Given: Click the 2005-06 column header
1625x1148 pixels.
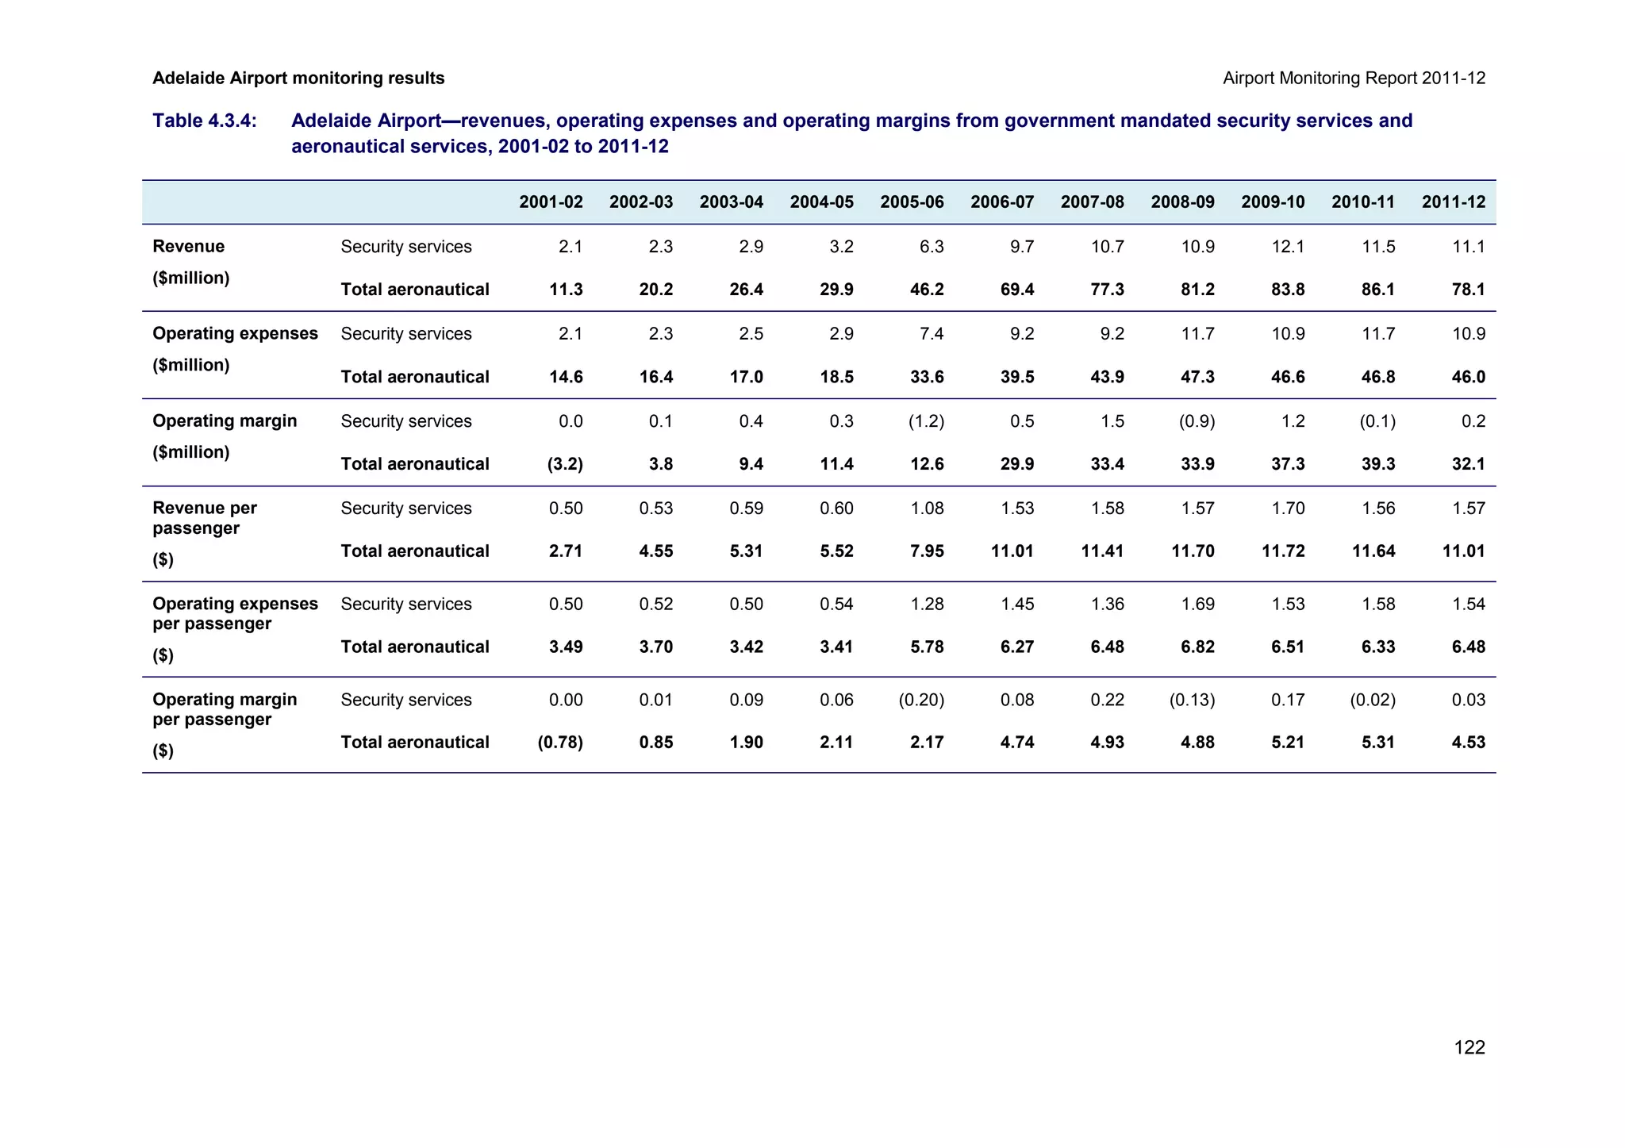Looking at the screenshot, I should pos(912,202).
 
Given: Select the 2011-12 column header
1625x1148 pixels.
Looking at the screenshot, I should pos(1453,202).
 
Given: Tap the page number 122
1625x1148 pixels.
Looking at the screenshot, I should pos(1469,1047).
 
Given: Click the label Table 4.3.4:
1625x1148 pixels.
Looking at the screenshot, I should pos(205,121).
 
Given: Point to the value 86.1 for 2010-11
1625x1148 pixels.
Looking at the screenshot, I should pos(1377,290).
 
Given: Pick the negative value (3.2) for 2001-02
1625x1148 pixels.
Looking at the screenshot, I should pos(565,464).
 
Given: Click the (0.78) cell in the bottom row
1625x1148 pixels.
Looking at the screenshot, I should pos(560,743).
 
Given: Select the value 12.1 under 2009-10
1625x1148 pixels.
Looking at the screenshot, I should pos(1288,247).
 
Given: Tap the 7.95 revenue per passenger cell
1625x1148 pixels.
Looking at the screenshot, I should pos(927,551).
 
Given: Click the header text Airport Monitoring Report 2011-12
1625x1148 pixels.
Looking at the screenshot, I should pos(1354,79).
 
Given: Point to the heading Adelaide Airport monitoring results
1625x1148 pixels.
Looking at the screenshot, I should pos(298,79).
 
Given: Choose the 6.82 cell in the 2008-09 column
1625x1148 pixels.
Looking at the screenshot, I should pos(1197,647).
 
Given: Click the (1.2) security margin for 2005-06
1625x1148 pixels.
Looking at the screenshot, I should pos(926,421).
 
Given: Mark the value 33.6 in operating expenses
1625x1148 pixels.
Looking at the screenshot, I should pos(927,377).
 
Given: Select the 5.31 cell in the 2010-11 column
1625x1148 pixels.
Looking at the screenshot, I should pos(1377,743).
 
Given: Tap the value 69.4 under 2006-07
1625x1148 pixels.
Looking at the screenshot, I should pos(1017,290).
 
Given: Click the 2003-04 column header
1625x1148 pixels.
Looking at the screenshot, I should pos(731,202).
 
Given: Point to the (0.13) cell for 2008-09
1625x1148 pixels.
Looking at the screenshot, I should pos(1192,700).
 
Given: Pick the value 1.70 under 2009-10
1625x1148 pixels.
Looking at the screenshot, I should pos(1288,509).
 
